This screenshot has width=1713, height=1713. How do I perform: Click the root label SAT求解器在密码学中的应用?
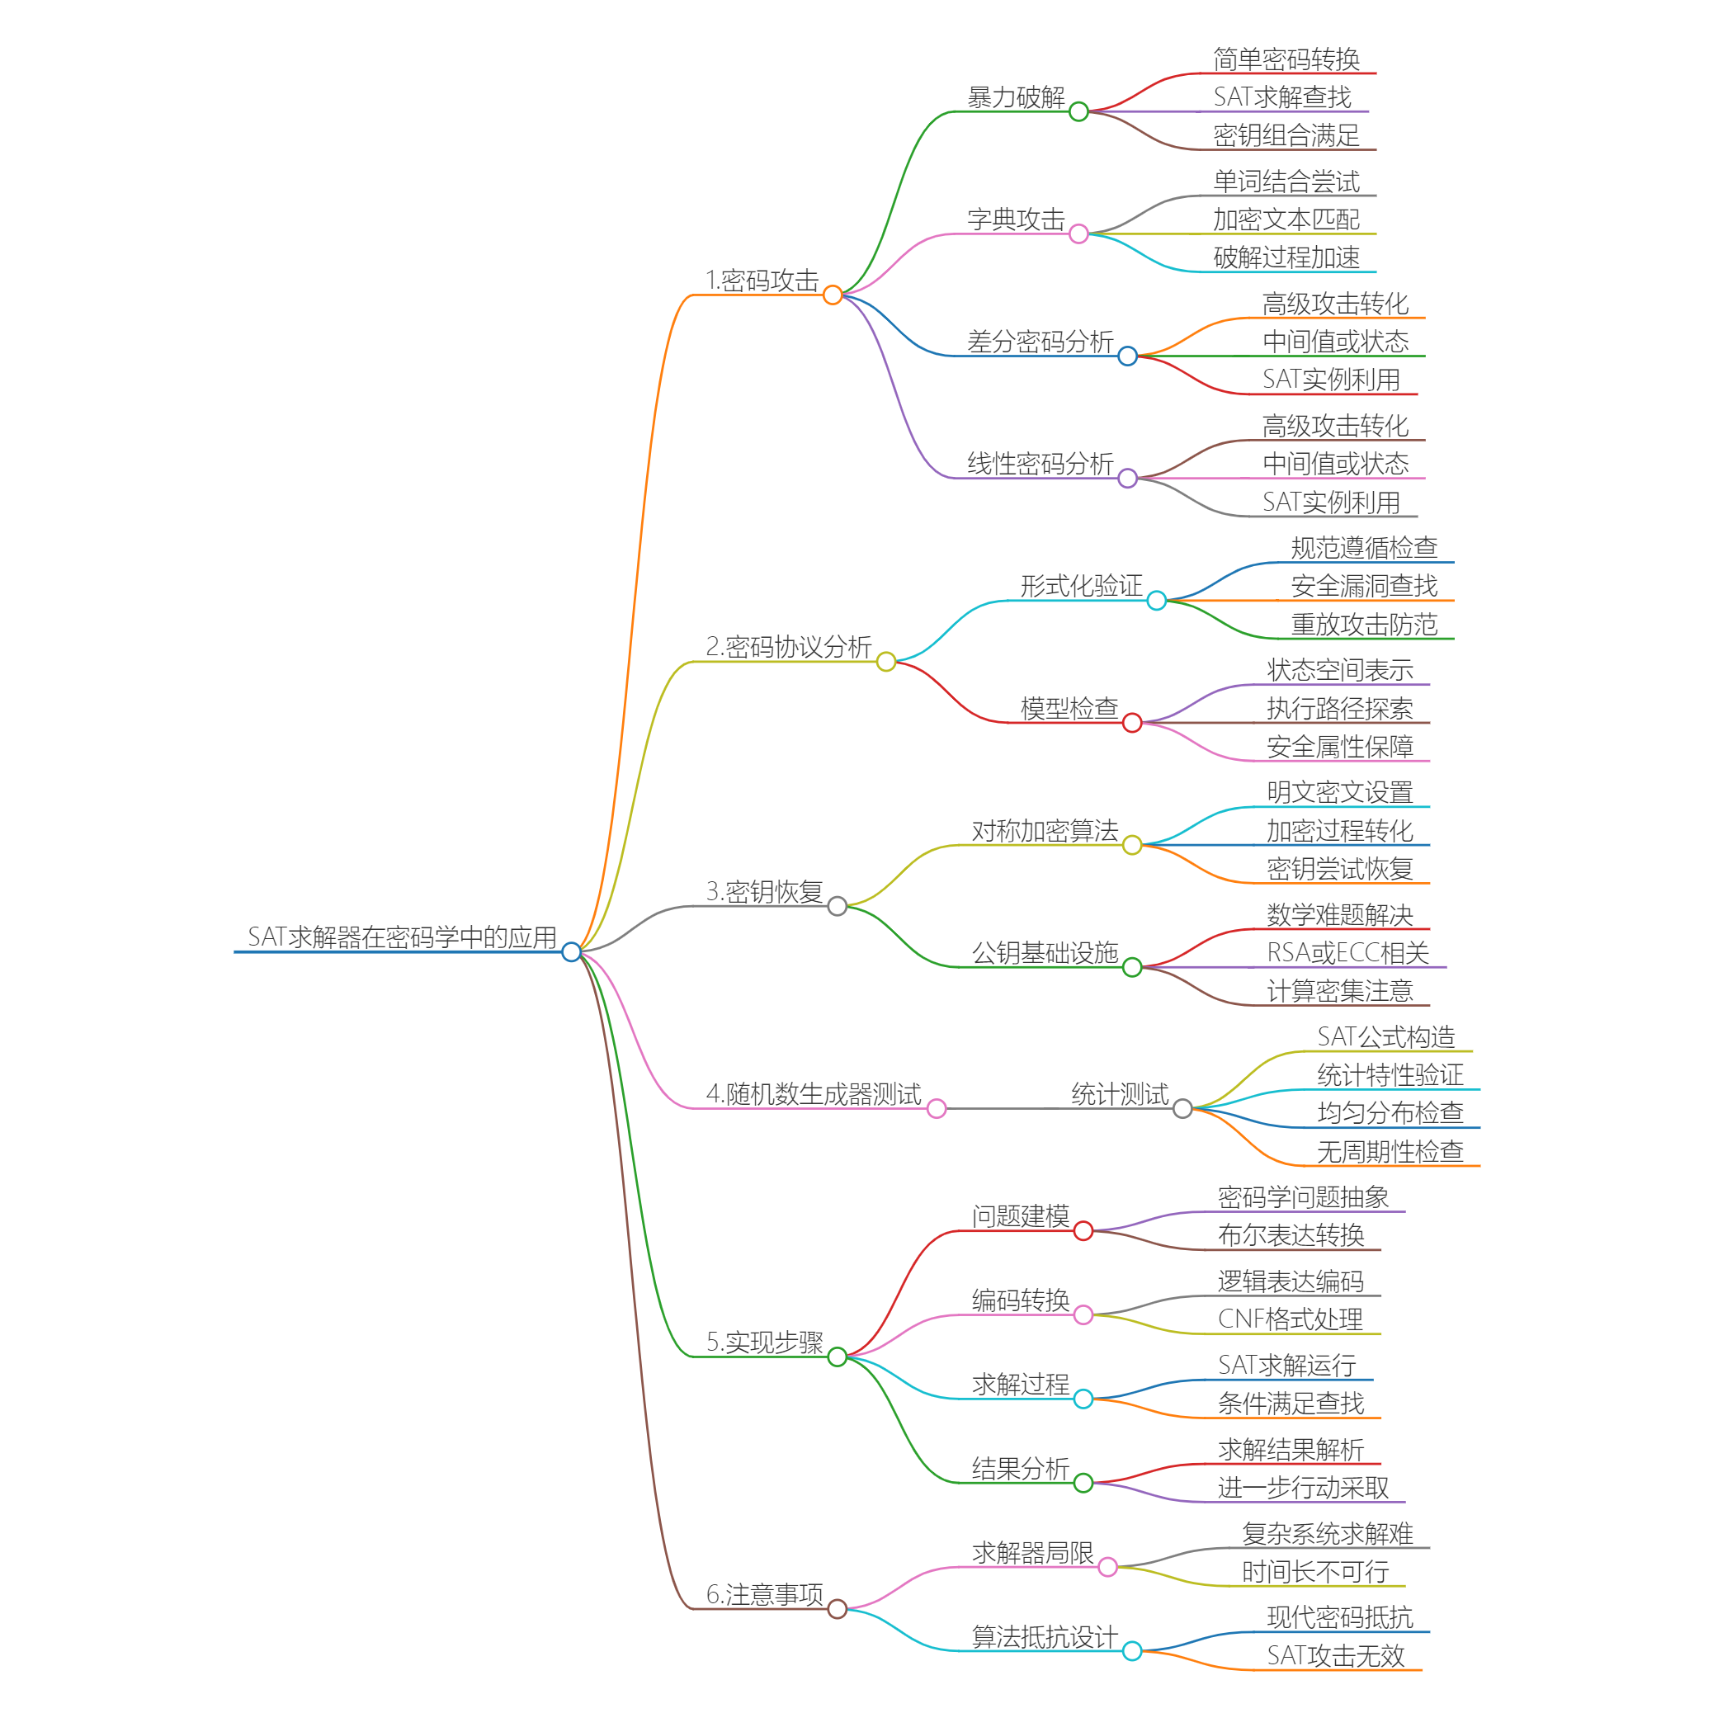coord(402,937)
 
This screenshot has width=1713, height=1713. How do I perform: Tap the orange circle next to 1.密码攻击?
coord(832,295)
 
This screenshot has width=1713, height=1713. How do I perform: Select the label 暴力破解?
coord(1016,97)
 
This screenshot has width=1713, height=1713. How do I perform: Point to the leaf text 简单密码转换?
coord(1286,59)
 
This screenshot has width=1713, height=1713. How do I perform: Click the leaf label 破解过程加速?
coord(1286,258)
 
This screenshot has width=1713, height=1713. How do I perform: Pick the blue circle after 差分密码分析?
coord(1127,356)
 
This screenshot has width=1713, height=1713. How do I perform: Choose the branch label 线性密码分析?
coord(1040,464)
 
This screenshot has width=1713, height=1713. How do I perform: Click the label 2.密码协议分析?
coord(788,647)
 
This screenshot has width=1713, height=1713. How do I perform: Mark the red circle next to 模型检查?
coord(1132,724)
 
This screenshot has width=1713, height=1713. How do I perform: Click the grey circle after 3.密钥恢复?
coord(837,906)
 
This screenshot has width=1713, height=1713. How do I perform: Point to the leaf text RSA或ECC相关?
coord(1347,953)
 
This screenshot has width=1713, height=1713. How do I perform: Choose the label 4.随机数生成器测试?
coord(813,1094)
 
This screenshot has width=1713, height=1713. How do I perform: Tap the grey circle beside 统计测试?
coord(1182,1109)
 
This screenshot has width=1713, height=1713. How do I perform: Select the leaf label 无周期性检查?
coord(1390,1152)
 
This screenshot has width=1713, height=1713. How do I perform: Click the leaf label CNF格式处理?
coord(1290,1319)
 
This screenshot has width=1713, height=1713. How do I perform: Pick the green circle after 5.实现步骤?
coord(837,1357)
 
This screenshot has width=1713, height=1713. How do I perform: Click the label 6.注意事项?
coord(764,1594)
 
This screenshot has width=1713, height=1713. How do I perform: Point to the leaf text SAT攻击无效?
coord(1335,1655)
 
